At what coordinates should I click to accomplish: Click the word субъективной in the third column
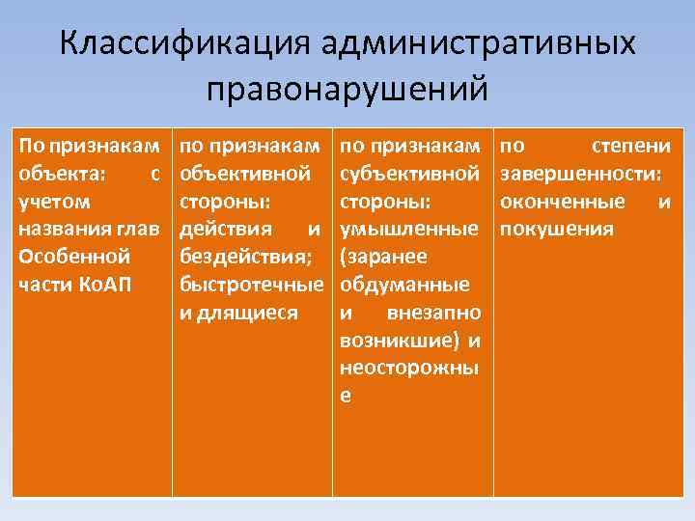click(x=411, y=174)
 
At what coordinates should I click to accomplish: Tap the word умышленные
click(x=411, y=230)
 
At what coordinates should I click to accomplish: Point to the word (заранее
click(x=380, y=258)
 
